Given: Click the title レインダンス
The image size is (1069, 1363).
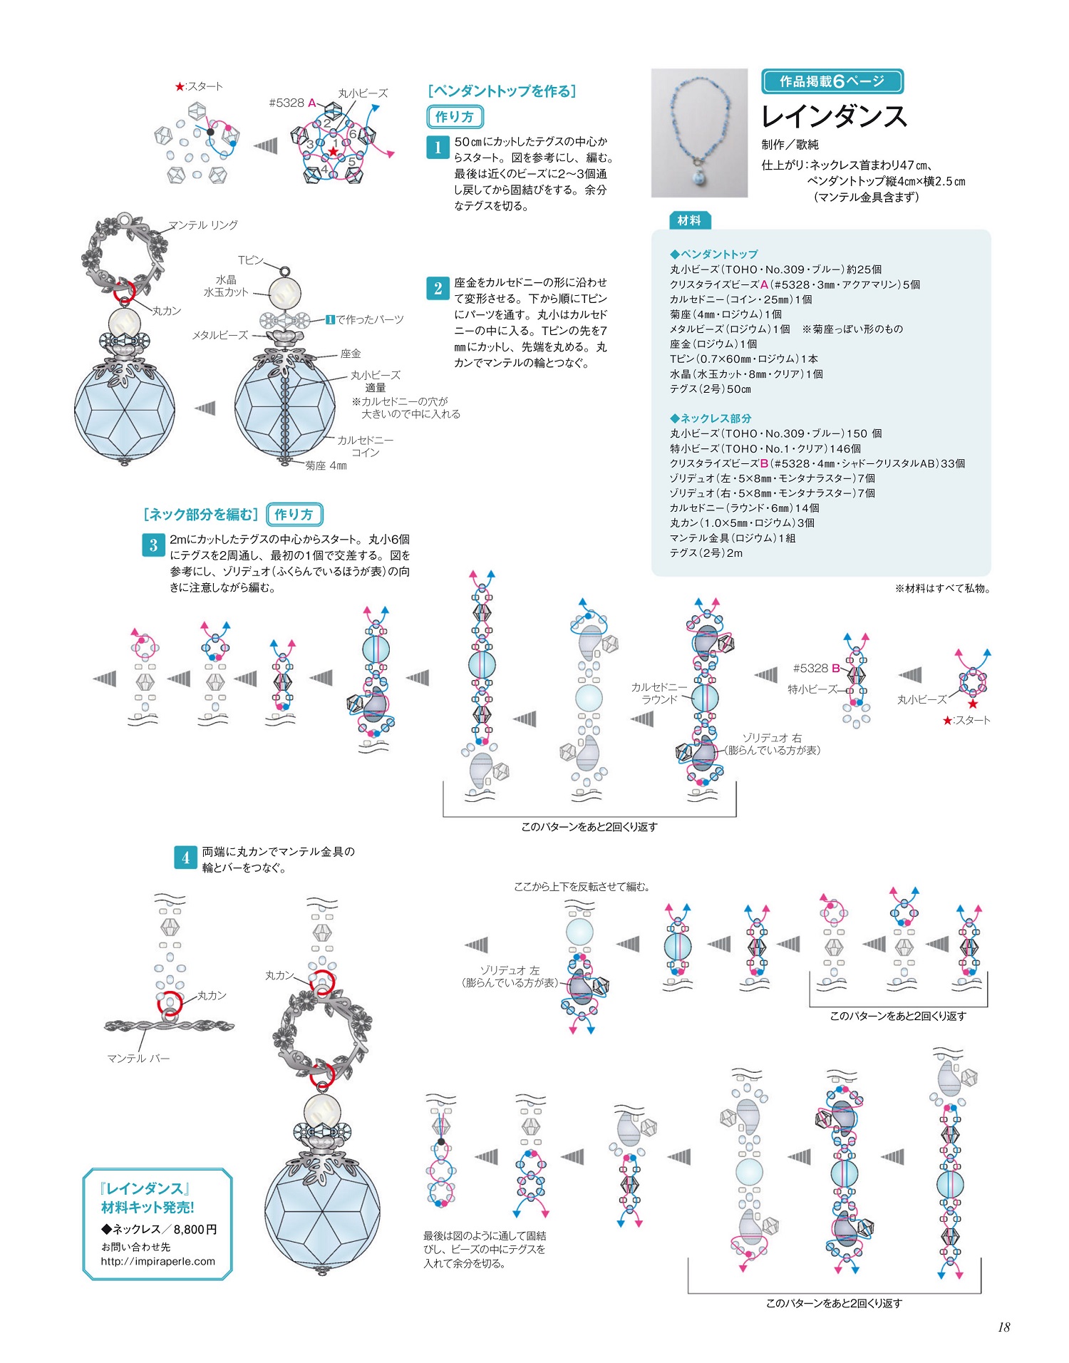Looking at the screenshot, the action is click(834, 116).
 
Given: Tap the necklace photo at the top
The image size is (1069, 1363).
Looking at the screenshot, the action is click(699, 133).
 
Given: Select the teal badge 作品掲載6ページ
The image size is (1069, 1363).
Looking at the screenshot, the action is click(832, 81).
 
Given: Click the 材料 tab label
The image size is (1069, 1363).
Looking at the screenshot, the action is click(689, 220).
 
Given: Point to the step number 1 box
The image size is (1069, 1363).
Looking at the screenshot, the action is click(437, 148).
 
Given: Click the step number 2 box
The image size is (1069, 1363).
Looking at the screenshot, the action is click(437, 288).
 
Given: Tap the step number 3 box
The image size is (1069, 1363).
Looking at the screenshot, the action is click(153, 545).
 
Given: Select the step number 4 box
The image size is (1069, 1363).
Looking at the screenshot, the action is click(185, 858).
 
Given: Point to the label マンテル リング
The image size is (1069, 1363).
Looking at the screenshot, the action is click(203, 225).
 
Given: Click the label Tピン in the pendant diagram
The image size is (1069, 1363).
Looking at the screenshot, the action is click(251, 260).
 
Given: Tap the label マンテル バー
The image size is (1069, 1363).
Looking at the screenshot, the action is click(138, 1059).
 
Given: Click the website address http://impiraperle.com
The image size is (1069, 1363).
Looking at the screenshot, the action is click(157, 1261).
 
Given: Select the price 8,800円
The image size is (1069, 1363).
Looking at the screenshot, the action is click(195, 1229).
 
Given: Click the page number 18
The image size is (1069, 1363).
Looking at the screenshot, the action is click(1003, 1327).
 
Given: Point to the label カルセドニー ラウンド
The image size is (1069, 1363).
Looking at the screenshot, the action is click(659, 693).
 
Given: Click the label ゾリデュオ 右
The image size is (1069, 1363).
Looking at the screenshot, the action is click(772, 738).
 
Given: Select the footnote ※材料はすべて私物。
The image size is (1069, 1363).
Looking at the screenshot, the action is click(942, 588).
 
